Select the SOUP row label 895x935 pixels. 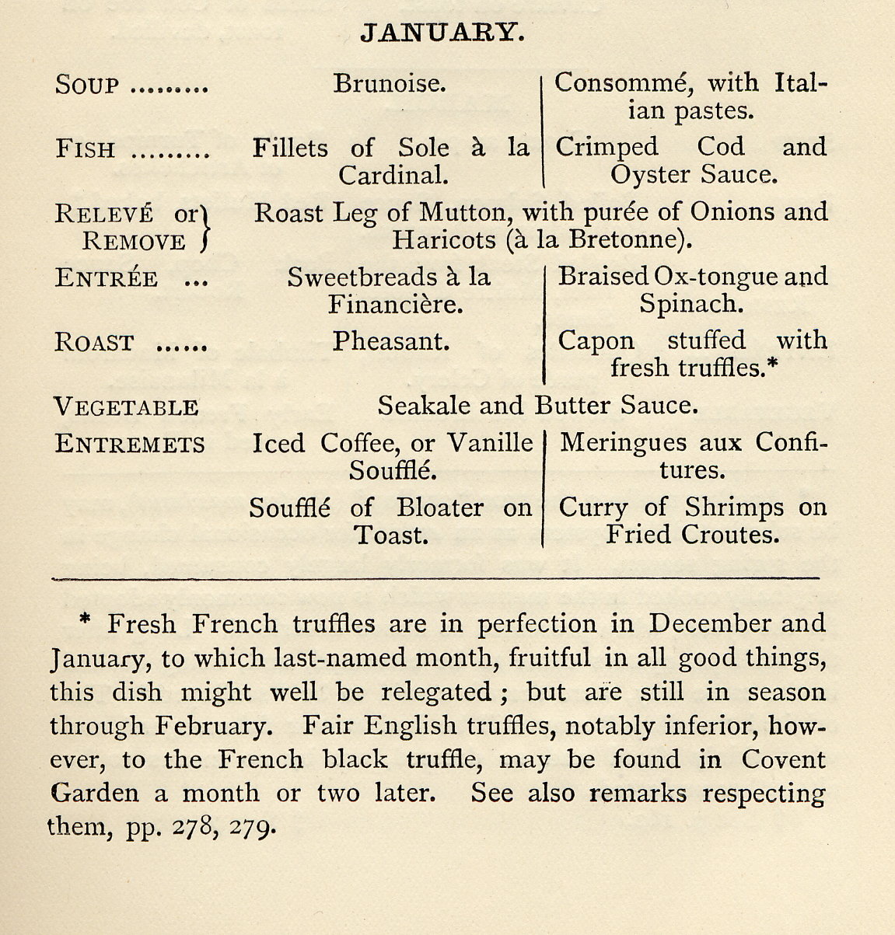pyautogui.click(x=87, y=85)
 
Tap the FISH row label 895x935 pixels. pyautogui.click(x=86, y=149)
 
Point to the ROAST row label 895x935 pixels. pyautogui.click(x=94, y=343)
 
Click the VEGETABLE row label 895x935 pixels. pyautogui.click(x=125, y=407)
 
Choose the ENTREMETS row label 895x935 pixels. pyautogui.click(x=130, y=445)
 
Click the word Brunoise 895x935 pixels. pyautogui.click(x=390, y=82)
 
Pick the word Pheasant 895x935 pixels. pyautogui.click(x=391, y=341)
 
